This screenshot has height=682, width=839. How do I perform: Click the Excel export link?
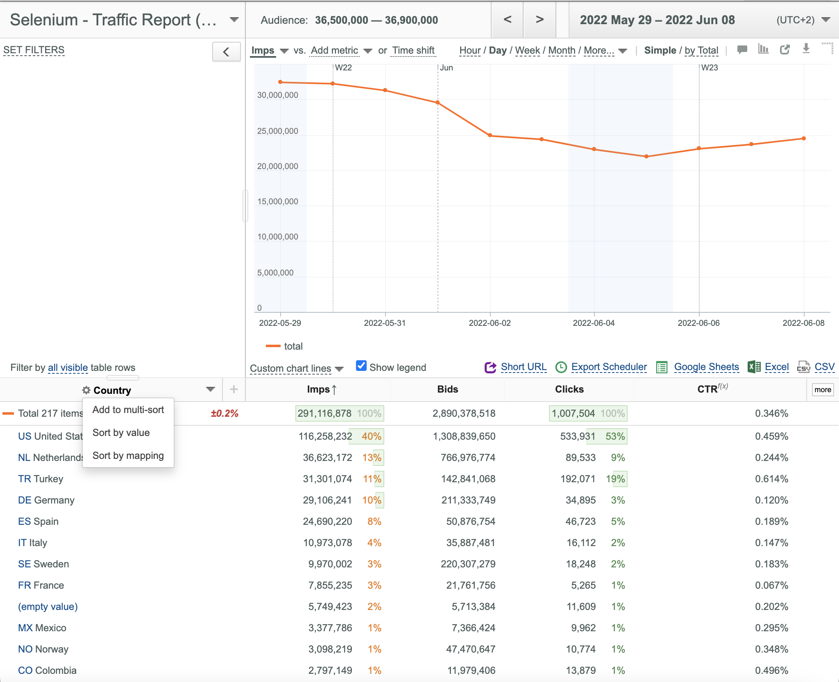(x=776, y=367)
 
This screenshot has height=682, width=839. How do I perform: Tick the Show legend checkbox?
(x=361, y=366)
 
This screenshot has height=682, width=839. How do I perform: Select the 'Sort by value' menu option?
(x=121, y=433)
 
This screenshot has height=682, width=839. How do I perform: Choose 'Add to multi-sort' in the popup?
(x=128, y=410)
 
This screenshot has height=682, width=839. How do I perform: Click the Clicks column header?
(x=569, y=389)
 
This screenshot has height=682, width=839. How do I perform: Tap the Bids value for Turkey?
(x=468, y=479)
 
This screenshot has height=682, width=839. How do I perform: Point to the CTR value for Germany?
(x=771, y=500)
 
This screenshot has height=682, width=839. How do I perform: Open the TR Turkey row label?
(x=41, y=479)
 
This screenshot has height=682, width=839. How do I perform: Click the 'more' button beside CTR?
(x=823, y=390)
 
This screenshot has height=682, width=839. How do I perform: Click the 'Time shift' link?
(x=413, y=50)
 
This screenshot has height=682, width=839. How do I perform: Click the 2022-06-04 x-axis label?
(x=594, y=323)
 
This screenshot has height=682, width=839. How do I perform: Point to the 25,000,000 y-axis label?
(x=277, y=131)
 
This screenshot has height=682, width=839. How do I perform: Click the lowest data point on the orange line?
(x=646, y=156)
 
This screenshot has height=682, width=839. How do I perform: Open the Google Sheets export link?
(x=706, y=367)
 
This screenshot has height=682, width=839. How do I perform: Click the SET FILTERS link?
(x=34, y=50)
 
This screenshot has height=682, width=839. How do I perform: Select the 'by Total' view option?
(x=701, y=50)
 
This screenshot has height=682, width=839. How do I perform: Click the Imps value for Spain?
(x=327, y=522)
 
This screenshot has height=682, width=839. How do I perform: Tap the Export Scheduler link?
(x=609, y=367)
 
